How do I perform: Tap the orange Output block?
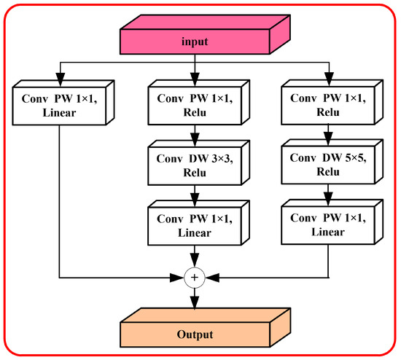[195, 334]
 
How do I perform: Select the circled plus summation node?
[195, 277]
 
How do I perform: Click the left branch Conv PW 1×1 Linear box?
[57, 103]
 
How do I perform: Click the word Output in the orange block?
[195, 335]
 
